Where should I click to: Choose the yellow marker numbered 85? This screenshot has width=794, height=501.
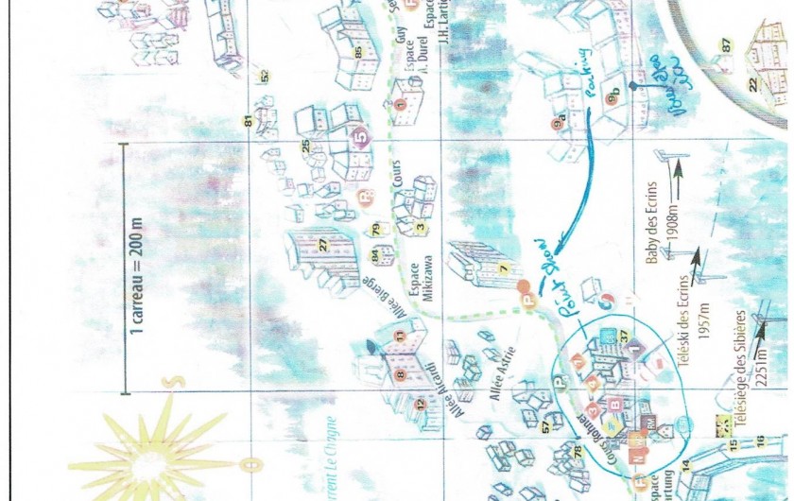coord(358,52)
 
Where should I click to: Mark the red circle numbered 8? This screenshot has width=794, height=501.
coord(400,374)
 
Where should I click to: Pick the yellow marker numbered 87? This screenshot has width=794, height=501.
coord(726,45)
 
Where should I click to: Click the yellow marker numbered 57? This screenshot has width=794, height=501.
coord(545,427)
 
